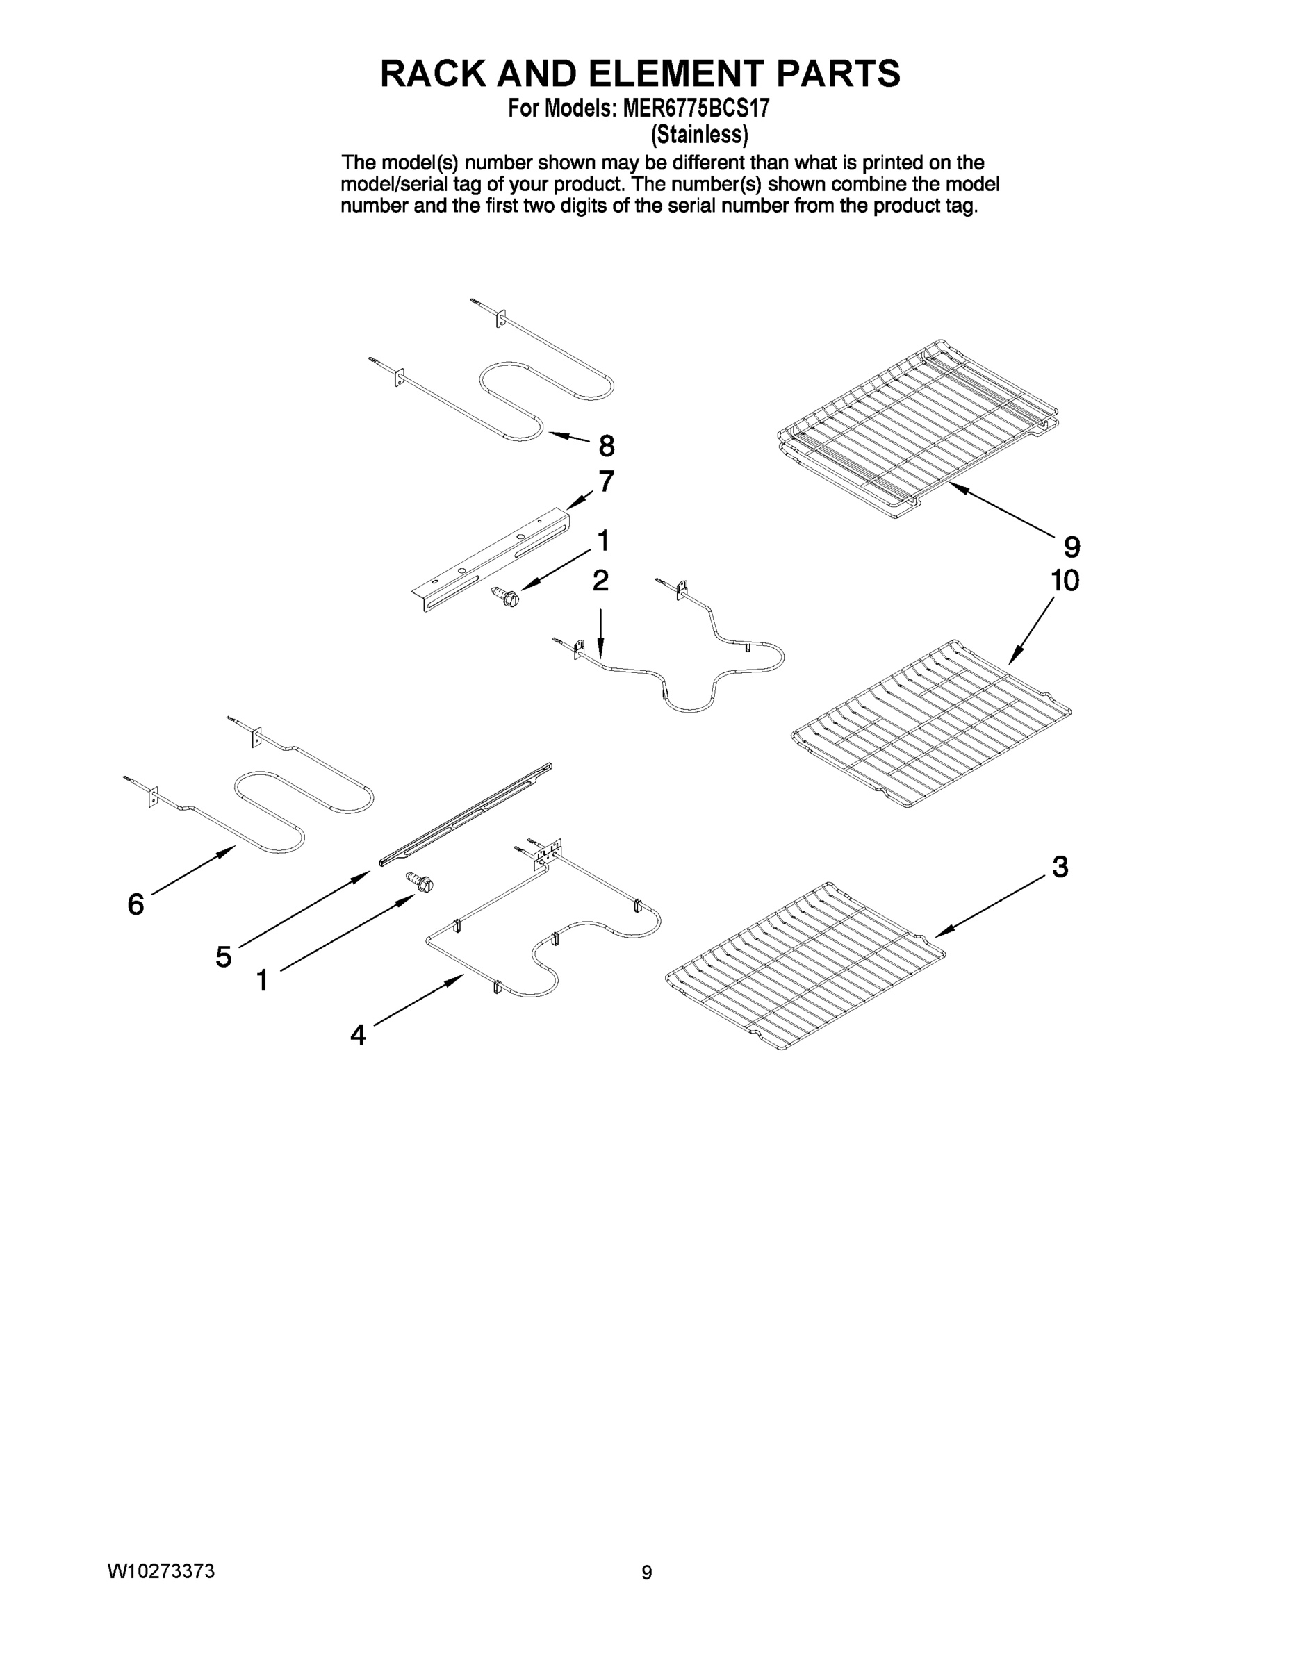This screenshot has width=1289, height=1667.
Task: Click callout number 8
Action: pyautogui.click(x=607, y=445)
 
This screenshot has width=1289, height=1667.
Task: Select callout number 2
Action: pyautogui.click(x=600, y=581)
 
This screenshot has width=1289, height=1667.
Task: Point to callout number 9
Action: pyautogui.click(x=1072, y=547)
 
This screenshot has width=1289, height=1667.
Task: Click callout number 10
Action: pyautogui.click(x=1065, y=581)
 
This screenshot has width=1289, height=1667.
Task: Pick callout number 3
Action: pyautogui.click(x=1060, y=867)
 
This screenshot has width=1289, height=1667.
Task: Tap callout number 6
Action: pyautogui.click(x=136, y=904)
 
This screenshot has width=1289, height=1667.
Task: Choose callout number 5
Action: pyautogui.click(x=223, y=956)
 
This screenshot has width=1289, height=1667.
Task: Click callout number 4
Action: pyautogui.click(x=357, y=1036)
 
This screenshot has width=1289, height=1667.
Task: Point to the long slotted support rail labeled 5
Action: pyautogui.click(x=466, y=815)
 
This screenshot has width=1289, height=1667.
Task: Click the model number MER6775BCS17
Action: pyautogui.click(x=696, y=108)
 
